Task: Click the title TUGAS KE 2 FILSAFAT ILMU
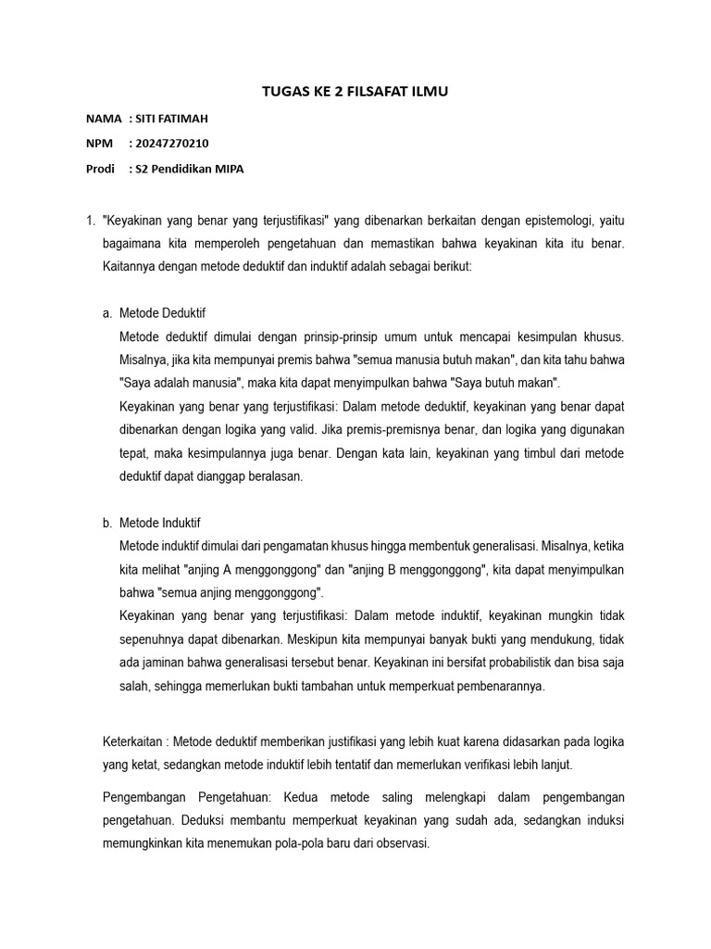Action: coord(355,91)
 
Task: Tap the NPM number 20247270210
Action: coord(172,144)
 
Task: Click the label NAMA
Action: coord(103,119)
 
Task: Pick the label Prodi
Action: coord(100,169)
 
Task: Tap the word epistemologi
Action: coord(545,221)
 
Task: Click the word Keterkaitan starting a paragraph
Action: coord(132,740)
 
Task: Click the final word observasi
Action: coord(401,845)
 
